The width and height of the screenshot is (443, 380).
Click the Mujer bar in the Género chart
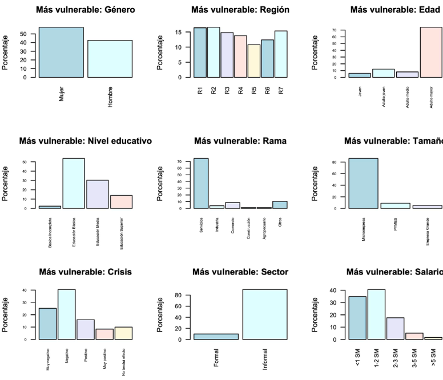61,52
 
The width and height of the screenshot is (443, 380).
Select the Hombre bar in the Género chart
110,59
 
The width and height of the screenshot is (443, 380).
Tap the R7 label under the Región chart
281,90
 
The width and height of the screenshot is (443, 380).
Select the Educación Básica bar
74,183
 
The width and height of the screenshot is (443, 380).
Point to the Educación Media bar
98,194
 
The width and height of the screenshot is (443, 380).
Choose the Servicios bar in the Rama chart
201,183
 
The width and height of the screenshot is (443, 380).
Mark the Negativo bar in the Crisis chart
66,314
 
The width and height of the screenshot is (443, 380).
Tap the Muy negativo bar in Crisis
47,324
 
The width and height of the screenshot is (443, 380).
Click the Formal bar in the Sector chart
216,337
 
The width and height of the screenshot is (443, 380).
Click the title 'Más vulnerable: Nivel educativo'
86,141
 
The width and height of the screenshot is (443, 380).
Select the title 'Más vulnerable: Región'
240,10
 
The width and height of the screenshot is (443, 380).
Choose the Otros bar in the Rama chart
280,205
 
